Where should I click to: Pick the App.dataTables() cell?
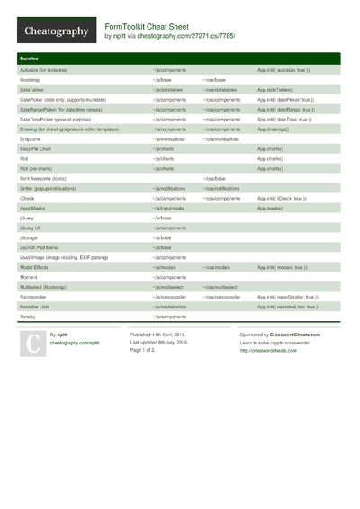tap(275, 90)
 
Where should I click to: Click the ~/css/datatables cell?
tap(220, 90)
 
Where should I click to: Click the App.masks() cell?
tap(272, 208)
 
